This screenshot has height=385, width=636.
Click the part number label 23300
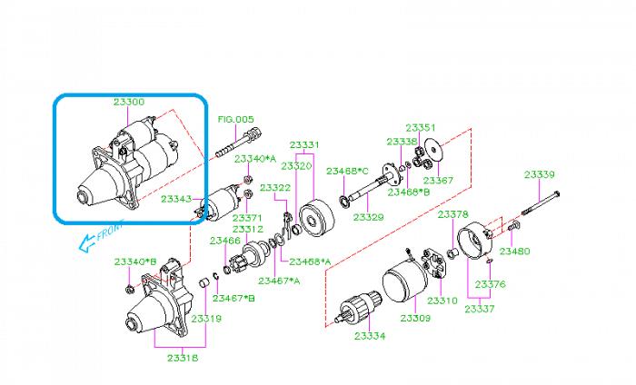pos(128,103)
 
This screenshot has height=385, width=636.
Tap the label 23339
pos(539,174)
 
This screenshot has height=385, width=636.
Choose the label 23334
pos(370,336)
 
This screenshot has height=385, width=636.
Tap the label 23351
pos(421,127)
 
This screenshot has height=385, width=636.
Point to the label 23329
pos(368,218)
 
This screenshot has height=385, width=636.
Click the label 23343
pos(176,198)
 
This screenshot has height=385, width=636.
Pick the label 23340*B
pos(135,262)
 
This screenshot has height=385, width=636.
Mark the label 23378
pos(452,214)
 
